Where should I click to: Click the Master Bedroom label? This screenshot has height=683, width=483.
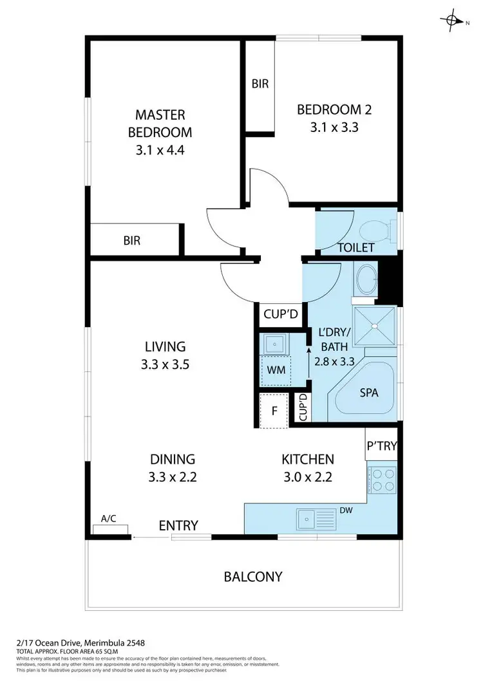(x=160, y=124)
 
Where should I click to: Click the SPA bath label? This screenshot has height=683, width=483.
(x=368, y=392)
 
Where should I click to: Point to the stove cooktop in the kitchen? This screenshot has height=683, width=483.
(x=383, y=481)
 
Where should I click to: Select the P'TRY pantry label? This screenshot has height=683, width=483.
(x=382, y=445)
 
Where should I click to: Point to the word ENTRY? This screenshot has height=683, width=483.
(x=178, y=525)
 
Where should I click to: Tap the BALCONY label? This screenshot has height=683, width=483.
(x=252, y=576)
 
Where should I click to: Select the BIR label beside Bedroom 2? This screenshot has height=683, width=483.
(x=260, y=84)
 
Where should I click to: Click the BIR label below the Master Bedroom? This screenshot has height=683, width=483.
(x=132, y=240)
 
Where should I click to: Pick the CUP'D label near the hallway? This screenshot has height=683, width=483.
(x=279, y=315)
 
